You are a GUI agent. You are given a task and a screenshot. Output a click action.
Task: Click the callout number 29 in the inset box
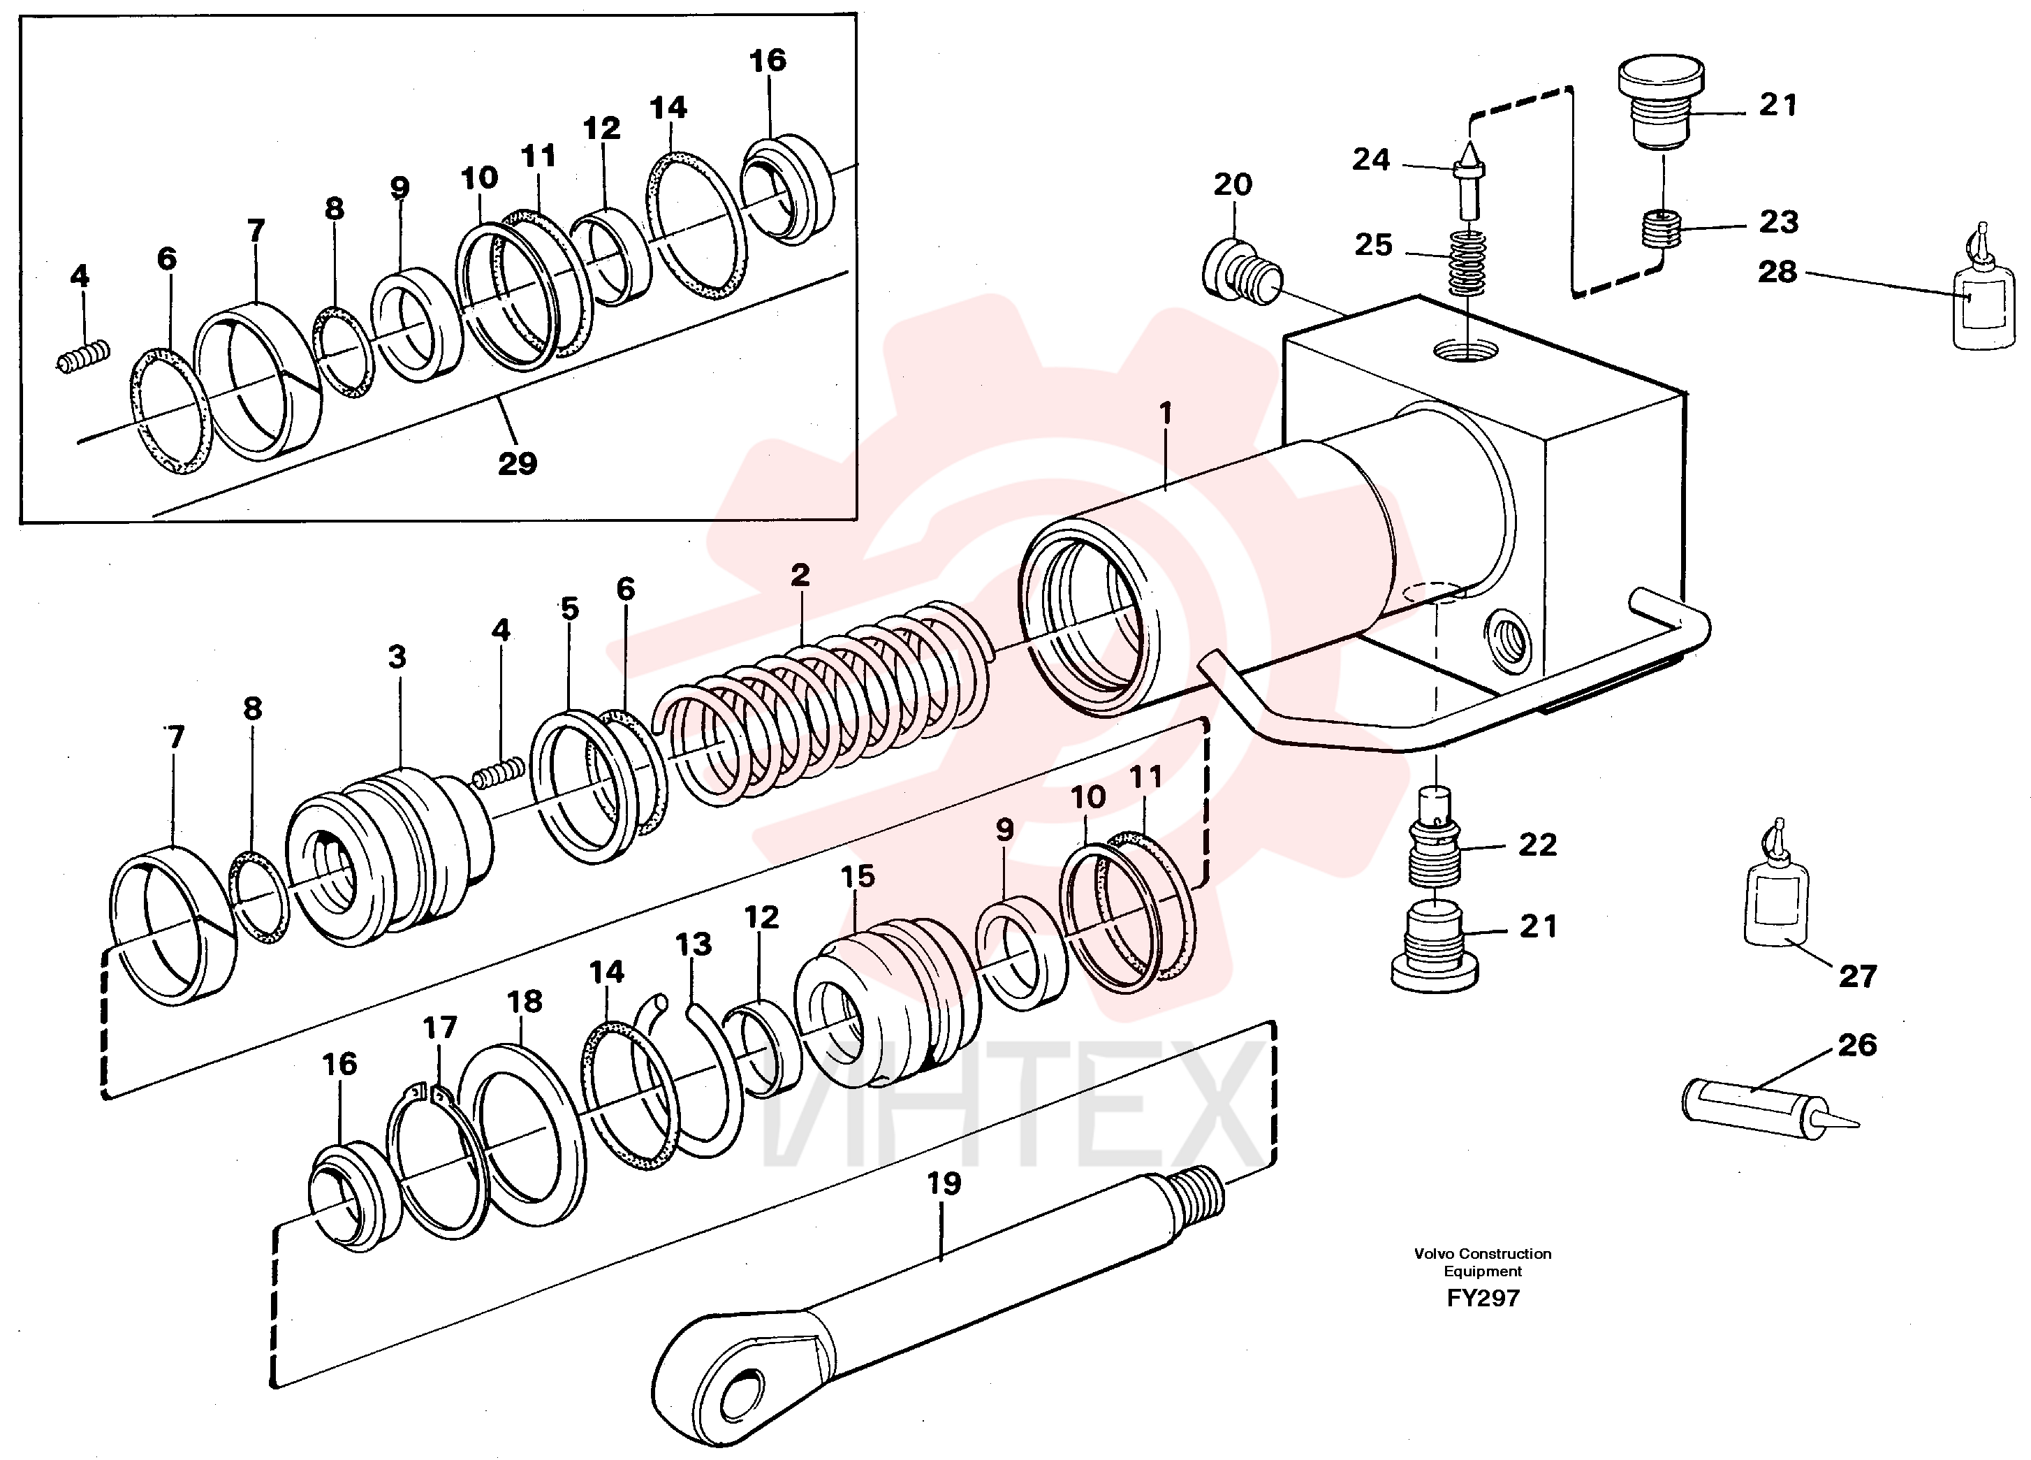(518, 463)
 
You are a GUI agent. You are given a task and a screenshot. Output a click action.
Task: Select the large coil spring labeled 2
(822, 703)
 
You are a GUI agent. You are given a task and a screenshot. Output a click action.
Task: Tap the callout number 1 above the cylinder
(1165, 413)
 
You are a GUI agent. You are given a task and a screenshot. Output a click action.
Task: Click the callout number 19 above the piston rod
(944, 1183)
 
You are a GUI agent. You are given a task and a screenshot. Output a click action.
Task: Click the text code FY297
(1483, 1298)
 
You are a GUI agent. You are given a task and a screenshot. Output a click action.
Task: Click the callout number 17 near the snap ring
(440, 1028)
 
